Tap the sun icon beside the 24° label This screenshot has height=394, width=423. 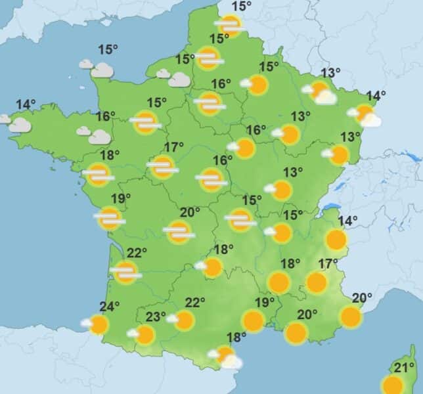tap(99, 324)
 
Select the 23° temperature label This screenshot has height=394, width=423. tap(156, 317)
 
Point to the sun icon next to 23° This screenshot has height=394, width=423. tap(145, 335)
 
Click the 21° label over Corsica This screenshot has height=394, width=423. tap(404, 366)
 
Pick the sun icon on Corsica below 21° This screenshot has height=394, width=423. tap(393, 385)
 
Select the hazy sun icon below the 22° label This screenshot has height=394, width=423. tap(126, 272)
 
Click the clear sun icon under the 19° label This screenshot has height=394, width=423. tap(253, 320)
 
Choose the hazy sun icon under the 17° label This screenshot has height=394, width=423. tap(162, 167)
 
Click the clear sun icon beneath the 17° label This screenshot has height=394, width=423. tap(317, 283)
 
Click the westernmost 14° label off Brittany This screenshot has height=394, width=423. tap(26, 104)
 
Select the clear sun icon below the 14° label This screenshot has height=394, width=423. tap(336, 240)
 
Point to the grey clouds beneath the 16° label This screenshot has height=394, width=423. tap(95, 135)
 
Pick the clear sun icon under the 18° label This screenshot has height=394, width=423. tap(278, 283)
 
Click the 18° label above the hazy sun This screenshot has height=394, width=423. tap(110, 155)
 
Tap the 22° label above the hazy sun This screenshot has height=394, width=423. tap(136, 253)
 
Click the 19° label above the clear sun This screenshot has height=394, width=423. tap(264, 302)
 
